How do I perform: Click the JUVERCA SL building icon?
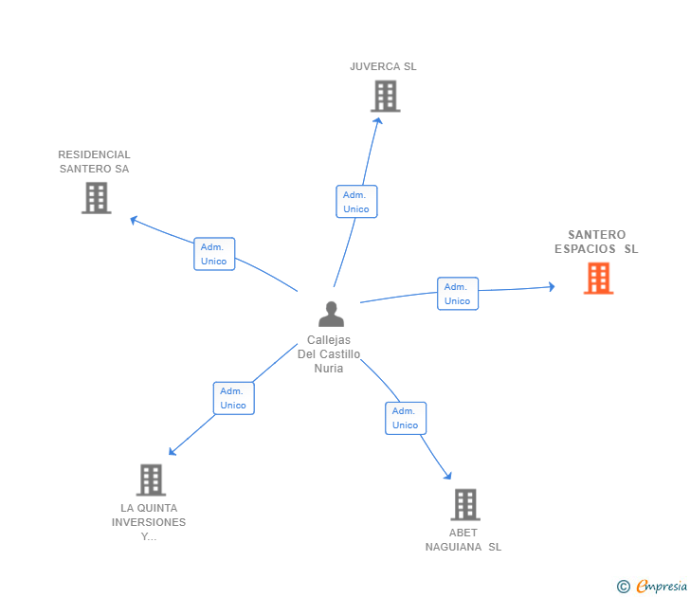pyautogui.click(x=385, y=96)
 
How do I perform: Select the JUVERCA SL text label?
pyautogui.click(x=383, y=66)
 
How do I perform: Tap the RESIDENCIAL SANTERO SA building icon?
pyautogui.click(x=96, y=198)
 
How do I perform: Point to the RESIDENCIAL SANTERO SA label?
pyautogui.click(x=94, y=162)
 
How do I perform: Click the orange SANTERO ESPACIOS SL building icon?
pyautogui.click(x=598, y=279)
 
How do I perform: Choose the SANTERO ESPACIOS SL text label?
pyautogui.click(x=596, y=242)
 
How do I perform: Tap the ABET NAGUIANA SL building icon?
pyautogui.click(x=464, y=504)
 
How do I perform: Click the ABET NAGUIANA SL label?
pyautogui.click(x=463, y=539)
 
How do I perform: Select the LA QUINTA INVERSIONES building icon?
pyautogui.click(x=151, y=479)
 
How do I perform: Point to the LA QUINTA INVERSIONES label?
pyautogui.click(x=149, y=522)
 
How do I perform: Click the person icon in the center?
pyautogui.click(x=331, y=314)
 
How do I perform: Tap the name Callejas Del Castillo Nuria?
pyautogui.click(x=329, y=354)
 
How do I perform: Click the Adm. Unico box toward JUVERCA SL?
pyautogui.click(x=356, y=202)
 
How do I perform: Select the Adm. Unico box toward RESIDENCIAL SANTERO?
pyautogui.click(x=214, y=254)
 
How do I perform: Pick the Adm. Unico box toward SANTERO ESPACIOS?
pyautogui.click(x=457, y=294)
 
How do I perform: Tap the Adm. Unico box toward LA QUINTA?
pyautogui.click(x=233, y=398)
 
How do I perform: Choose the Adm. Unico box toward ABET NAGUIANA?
pyautogui.click(x=405, y=418)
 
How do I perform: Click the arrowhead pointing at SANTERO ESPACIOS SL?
pyautogui.click(x=551, y=286)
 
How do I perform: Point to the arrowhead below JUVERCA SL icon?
pyautogui.click(x=378, y=119)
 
